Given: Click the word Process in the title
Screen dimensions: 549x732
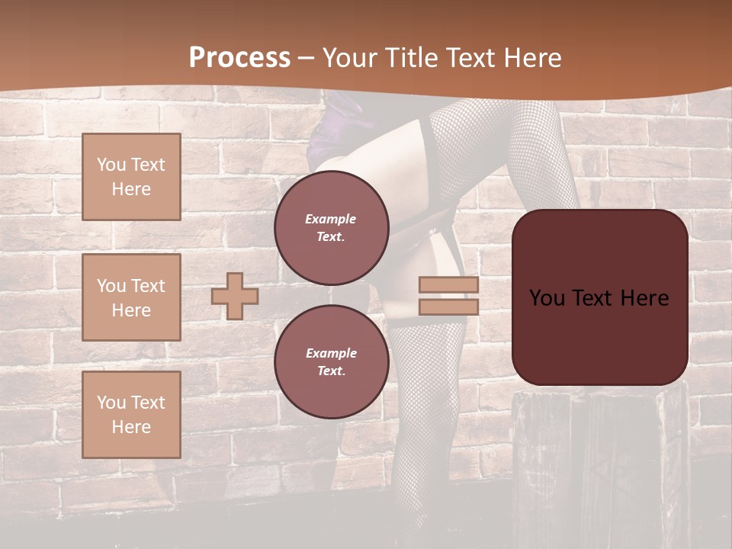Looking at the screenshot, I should tap(239, 58).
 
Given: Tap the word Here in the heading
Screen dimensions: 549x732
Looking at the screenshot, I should tap(532, 58).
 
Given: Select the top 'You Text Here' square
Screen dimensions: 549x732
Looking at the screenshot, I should tap(131, 177).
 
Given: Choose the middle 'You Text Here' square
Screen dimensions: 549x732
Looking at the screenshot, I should tap(131, 297).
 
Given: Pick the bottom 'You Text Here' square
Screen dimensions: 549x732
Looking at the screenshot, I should tap(131, 415).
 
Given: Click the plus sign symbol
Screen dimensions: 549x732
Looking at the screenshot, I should tap(235, 296).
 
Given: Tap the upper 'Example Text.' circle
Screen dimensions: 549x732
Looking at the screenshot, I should tap(332, 227).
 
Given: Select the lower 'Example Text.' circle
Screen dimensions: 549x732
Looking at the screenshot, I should tap(332, 361).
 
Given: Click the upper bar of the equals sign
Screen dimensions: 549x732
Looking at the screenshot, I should tap(449, 285).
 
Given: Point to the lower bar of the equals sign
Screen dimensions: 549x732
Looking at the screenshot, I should tap(449, 307).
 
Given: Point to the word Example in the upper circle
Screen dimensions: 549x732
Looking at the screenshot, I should tap(331, 219).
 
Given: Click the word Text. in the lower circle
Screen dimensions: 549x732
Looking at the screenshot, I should tap(331, 371).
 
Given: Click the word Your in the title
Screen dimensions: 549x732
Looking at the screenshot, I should tap(352, 58).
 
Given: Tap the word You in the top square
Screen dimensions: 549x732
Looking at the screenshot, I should tap(111, 165).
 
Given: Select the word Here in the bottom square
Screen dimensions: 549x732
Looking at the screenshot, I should tap(131, 427).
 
